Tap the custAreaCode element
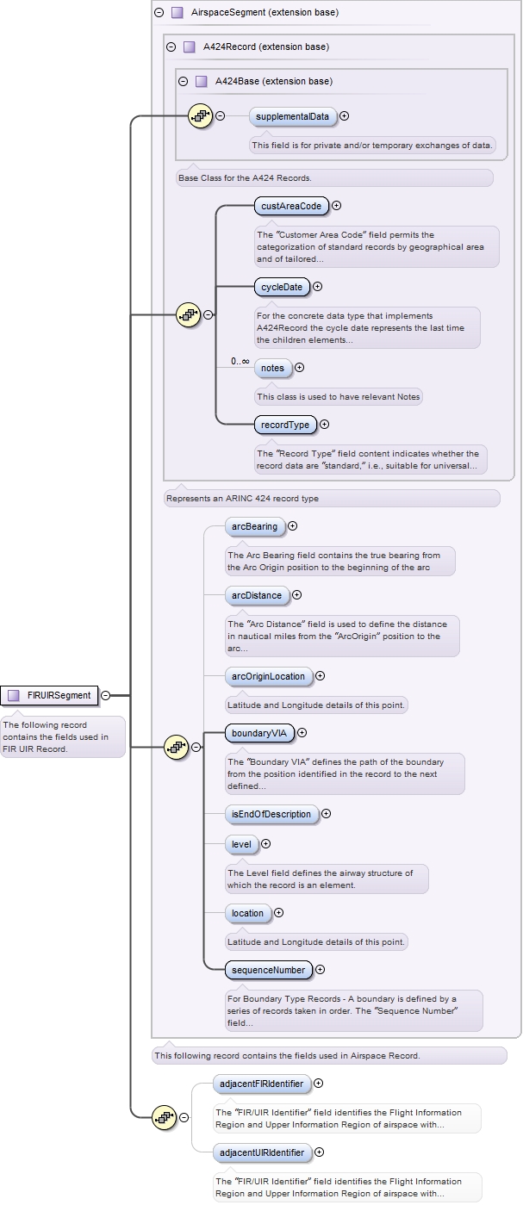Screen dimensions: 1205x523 291,206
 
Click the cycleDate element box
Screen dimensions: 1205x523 281,287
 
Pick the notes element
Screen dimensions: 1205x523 272,368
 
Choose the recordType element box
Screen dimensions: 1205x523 285,424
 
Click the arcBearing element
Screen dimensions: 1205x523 254,526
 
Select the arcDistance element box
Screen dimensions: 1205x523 256,595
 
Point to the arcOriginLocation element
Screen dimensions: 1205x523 268,676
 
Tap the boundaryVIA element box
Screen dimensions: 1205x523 258,733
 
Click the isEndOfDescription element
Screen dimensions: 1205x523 271,814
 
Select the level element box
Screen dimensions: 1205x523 241,844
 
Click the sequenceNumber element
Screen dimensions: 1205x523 268,970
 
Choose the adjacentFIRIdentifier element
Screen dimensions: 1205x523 261,1083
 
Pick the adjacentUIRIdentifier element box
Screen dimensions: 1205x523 262,1152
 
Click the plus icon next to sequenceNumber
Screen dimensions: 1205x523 321,970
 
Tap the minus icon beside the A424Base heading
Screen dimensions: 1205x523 183,82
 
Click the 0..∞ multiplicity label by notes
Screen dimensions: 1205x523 240,361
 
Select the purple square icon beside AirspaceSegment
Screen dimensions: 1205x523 177,13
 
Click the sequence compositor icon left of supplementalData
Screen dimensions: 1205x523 200,116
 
